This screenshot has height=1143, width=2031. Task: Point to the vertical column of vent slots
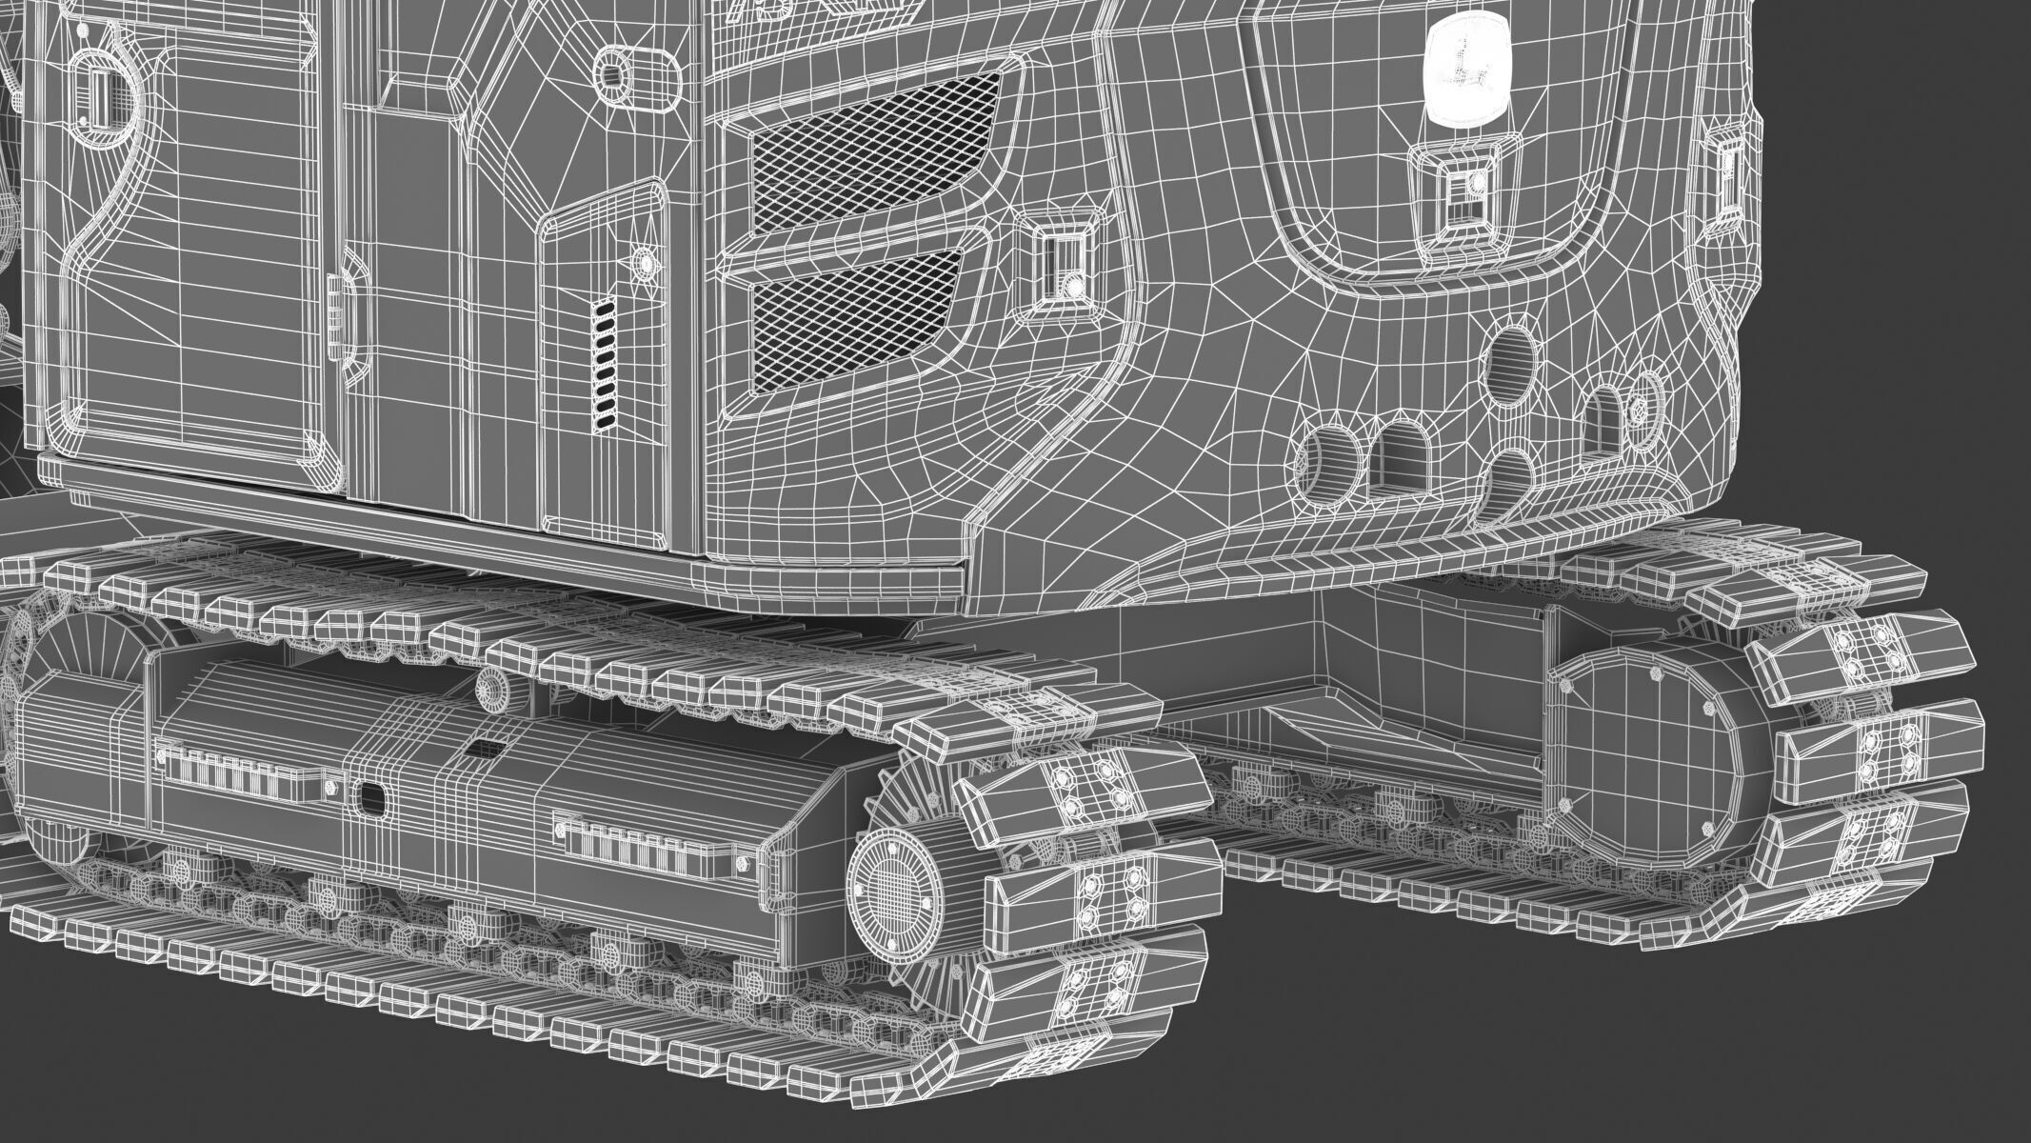click(605, 362)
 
